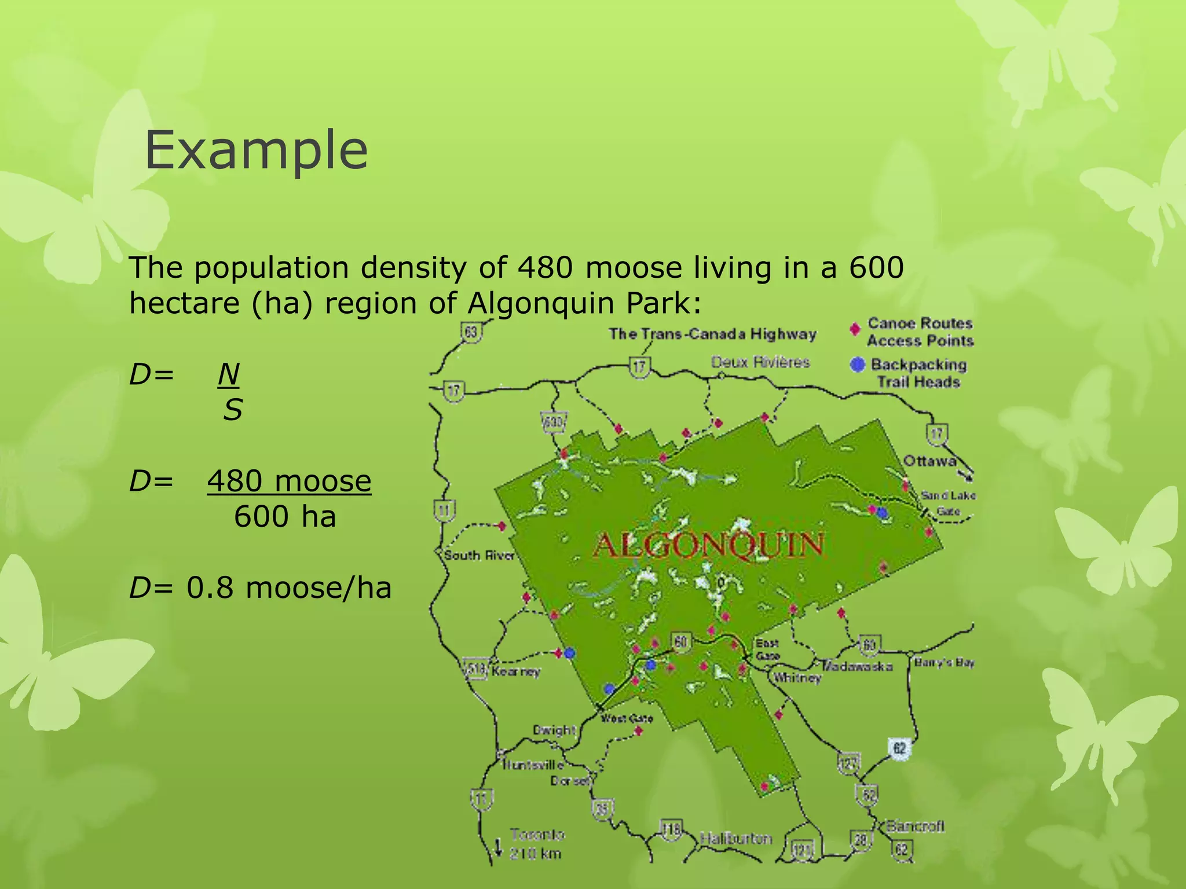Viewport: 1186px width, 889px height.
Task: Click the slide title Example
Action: [x=256, y=150]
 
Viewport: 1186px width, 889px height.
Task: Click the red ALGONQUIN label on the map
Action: [x=708, y=545]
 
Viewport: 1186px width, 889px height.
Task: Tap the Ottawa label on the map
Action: [x=929, y=461]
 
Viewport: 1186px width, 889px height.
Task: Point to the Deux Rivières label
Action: [x=760, y=362]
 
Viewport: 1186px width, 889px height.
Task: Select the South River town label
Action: [x=479, y=556]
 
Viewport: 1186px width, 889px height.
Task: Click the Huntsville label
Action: [x=533, y=765]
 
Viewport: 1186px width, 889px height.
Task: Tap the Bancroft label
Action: [x=916, y=826]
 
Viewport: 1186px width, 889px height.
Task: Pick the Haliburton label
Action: [x=736, y=838]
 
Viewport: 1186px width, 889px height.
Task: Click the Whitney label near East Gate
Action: [x=797, y=677]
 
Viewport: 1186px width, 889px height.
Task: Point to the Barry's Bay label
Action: [x=944, y=662]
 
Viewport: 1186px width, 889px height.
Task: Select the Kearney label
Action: [x=516, y=671]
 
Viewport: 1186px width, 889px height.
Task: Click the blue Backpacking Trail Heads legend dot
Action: [x=857, y=365]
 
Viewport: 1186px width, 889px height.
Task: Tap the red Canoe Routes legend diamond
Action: [x=855, y=329]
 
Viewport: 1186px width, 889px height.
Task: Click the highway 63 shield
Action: [x=471, y=332]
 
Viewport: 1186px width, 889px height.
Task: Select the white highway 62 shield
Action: [x=899, y=748]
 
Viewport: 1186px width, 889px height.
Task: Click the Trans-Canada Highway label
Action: [x=712, y=334]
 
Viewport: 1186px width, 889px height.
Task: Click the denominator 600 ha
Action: [x=285, y=516]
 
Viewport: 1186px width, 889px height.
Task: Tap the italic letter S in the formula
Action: [x=233, y=410]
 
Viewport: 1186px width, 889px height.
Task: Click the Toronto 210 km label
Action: [x=536, y=844]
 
